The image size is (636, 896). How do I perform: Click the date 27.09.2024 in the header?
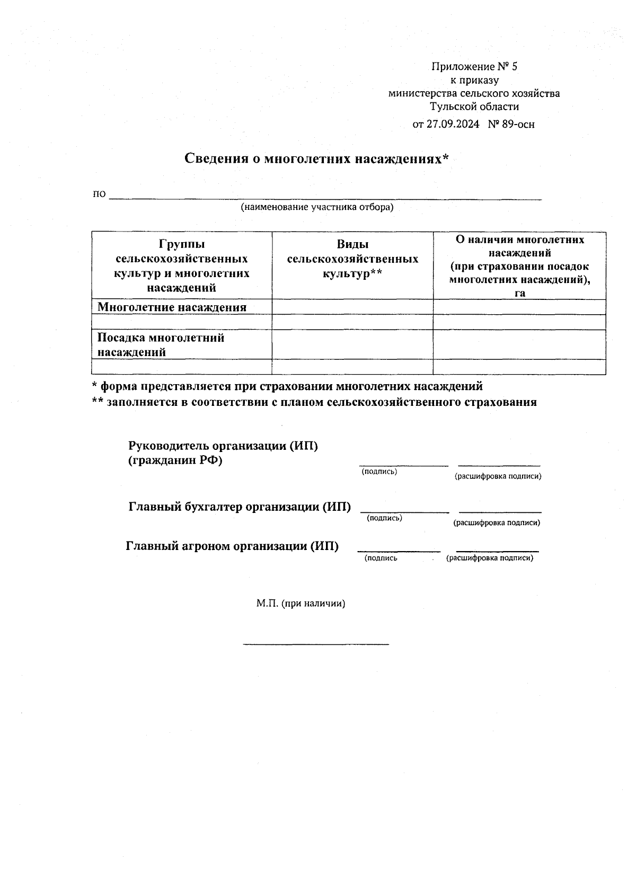click(x=453, y=125)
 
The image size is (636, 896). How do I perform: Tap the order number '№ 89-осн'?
click(x=511, y=125)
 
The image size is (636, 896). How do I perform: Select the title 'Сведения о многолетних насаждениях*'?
click(x=317, y=158)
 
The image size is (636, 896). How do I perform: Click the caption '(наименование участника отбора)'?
click(x=317, y=207)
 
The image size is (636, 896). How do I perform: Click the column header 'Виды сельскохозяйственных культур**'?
click(x=352, y=259)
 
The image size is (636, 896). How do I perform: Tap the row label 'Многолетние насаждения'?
click(x=172, y=307)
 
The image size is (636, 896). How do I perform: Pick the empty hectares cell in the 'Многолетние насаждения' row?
click(x=519, y=307)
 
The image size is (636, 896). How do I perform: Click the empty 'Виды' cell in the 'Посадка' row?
click(x=352, y=345)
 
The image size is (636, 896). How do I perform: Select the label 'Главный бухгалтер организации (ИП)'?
click(x=240, y=507)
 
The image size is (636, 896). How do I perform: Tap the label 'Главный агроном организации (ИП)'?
click(x=232, y=546)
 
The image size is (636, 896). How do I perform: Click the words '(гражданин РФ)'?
click(x=175, y=460)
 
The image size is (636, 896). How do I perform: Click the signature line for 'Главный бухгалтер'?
click(x=405, y=510)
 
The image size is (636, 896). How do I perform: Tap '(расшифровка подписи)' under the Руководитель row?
click(x=498, y=476)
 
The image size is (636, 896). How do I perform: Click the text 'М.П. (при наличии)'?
click(x=301, y=603)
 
